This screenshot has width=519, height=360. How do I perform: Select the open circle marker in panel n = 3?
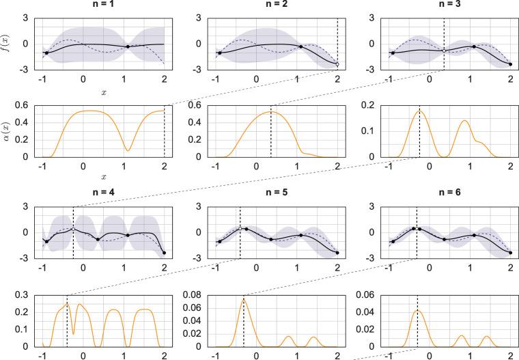pos(444,51)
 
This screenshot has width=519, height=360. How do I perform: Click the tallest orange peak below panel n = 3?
pos(420,111)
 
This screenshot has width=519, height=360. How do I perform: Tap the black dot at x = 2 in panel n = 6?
pos(511,253)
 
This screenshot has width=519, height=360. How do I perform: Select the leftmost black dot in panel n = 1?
pos(46,53)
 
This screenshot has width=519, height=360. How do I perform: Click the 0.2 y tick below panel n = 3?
pos(369,105)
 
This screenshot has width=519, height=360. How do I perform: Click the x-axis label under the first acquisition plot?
pos(103,176)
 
